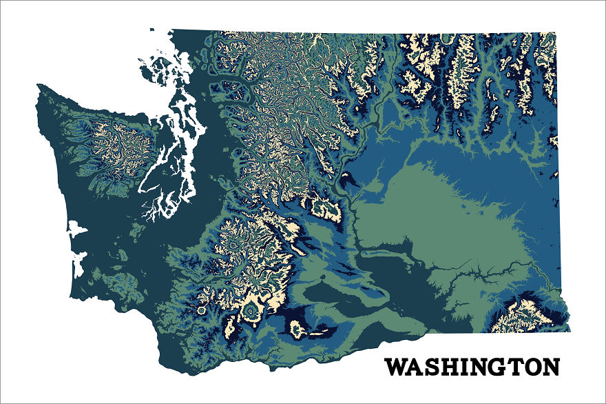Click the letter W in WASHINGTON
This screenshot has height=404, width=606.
pos(396,367)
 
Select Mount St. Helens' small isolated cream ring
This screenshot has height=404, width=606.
pos(201,311)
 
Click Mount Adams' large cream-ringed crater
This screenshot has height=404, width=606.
pos(251,314)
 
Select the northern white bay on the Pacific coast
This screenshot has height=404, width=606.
pos(77,227)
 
